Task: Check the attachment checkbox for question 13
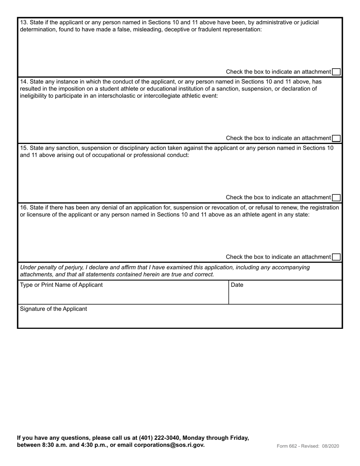(336, 72)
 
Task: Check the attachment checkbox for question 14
(336, 138)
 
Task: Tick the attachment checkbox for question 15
(336, 197)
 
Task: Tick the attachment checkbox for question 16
(336, 257)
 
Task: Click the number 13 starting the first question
(23, 22)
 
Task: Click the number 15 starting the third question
(23, 148)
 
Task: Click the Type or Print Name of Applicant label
(61, 285)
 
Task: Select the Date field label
(237, 285)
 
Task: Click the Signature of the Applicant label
(53, 309)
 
